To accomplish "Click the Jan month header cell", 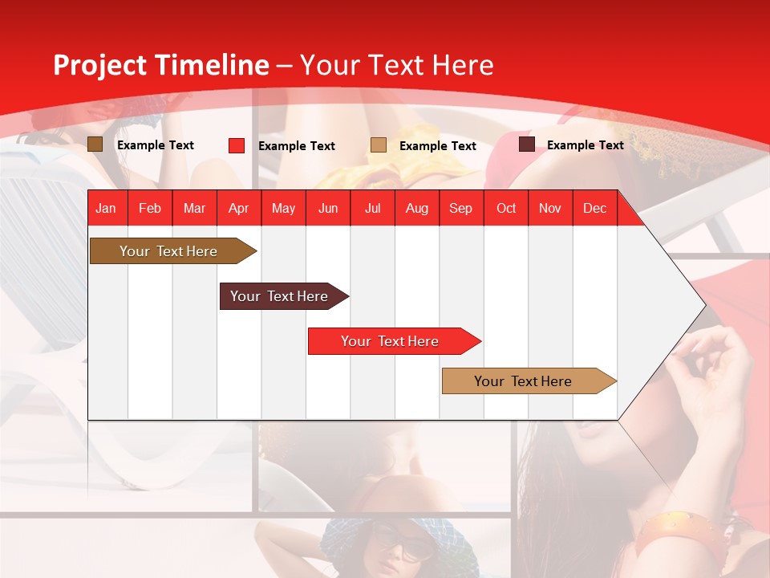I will [107, 208].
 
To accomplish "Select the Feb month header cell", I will [150, 208].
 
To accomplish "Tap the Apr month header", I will [239, 208].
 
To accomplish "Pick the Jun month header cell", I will [328, 208].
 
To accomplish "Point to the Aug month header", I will [417, 208].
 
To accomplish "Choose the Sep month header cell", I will [461, 208].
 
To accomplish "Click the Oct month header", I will [506, 208].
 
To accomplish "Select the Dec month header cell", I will [595, 208].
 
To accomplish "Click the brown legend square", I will [95, 144].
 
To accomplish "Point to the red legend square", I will [237, 145].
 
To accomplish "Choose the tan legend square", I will [379, 144].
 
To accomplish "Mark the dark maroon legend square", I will [527, 144].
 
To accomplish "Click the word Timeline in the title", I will [213, 65].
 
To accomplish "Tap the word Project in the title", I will [100, 65].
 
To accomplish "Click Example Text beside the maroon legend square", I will [586, 145].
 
